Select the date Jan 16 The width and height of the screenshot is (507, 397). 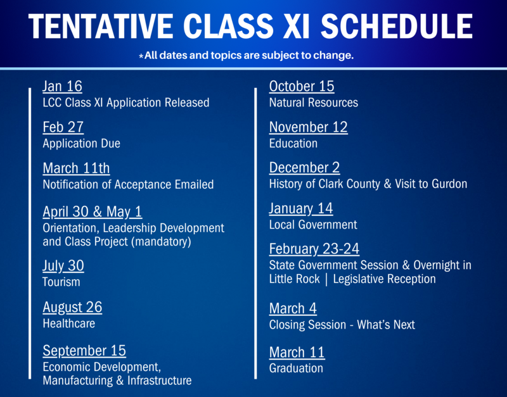(62, 87)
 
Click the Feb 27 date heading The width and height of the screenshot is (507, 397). (63, 127)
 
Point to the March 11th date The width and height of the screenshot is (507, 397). (76, 168)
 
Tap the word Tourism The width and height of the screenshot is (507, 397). (61, 282)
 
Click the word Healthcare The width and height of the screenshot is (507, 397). (68, 324)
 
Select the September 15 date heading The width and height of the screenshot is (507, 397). (84, 350)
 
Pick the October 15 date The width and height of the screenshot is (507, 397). (302, 86)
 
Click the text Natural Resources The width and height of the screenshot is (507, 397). (313, 103)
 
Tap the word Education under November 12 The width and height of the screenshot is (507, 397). (293, 144)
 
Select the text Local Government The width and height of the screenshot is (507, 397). (313, 225)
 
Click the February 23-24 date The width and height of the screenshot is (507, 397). (314, 249)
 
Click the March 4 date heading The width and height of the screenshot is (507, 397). (293, 308)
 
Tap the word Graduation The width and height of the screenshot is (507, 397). (296, 368)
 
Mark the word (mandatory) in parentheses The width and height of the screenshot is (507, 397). (162, 242)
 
